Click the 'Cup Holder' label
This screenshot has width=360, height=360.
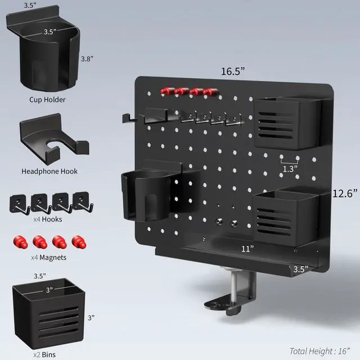[x=48, y=100]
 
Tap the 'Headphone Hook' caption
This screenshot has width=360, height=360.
[x=49, y=171]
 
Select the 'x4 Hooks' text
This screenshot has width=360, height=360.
[x=48, y=219]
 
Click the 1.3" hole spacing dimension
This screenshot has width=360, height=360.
[x=290, y=168]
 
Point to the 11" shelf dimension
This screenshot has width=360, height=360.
[x=247, y=248]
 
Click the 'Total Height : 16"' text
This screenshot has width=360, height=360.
[x=323, y=351]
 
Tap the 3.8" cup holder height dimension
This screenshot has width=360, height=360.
[x=88, y=58]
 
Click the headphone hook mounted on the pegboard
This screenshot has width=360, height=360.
[x=149, y=116]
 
